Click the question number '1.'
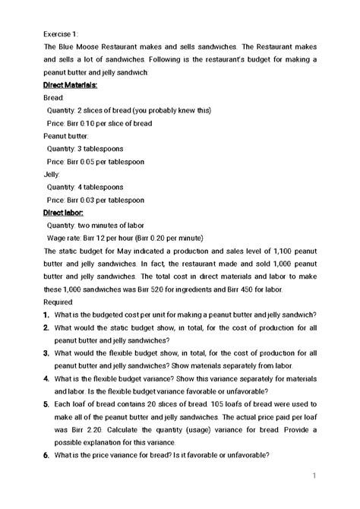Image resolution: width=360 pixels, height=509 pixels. (x=47, y=315)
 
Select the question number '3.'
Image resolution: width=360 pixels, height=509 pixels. (x=47, y=353)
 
